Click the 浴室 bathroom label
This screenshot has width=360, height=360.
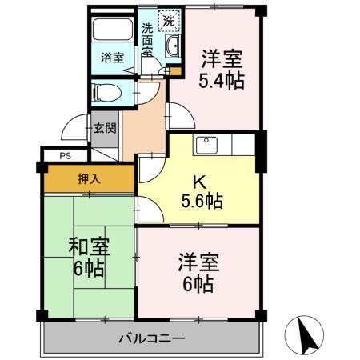(113, 58)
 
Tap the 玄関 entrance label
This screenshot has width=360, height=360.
(104, 127)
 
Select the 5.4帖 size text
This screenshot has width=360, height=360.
(222, 81)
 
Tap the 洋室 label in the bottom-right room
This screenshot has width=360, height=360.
(197, 262)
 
